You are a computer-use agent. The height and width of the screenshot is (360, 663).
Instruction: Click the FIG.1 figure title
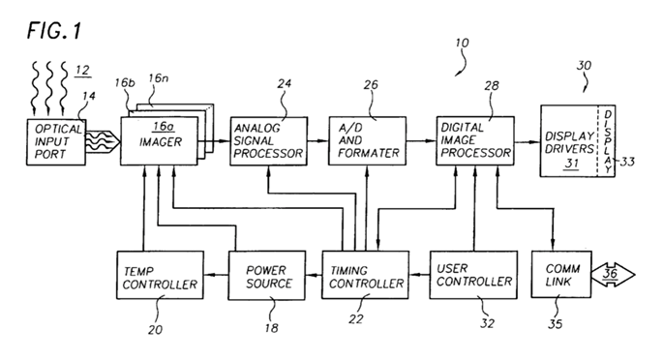(54, 31)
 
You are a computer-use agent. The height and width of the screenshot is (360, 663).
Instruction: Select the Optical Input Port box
(56, 142)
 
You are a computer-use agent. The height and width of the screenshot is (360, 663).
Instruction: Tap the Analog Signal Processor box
(268, 141)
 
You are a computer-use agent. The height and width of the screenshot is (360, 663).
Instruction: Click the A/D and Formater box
(368, 141)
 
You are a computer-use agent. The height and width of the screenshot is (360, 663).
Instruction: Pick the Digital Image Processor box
(475, 140)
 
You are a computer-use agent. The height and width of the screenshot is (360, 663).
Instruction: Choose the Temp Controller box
(160, 276)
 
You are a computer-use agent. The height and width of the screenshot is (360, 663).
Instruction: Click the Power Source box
(267, 276)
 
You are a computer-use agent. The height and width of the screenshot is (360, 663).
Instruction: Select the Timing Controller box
(365, 275)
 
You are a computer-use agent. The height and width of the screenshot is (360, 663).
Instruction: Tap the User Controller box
(473, 275)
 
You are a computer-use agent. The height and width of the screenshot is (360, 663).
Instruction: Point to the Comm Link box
(561, 275)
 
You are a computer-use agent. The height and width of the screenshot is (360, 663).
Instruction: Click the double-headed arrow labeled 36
(613, 275)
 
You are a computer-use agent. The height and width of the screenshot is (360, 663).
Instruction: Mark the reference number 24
(285, 83)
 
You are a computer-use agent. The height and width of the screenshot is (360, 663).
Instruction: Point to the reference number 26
(371, 85)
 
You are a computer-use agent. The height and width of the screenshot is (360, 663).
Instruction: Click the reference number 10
(462, 43)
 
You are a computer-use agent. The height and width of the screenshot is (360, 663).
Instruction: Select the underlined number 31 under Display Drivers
(572, 164)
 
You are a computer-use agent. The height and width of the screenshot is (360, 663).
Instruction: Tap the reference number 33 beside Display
(627, 162)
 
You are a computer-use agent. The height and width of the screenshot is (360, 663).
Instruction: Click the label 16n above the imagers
(158, 78)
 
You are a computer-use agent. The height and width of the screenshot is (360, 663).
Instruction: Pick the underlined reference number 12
(82, 71)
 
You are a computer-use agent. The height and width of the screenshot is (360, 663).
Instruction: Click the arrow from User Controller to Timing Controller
(419, 275)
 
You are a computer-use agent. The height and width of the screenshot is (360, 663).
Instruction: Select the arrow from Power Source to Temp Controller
(216, 276)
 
